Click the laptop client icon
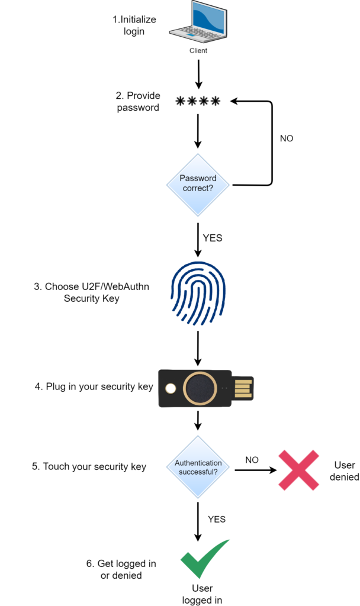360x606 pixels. [198, 24]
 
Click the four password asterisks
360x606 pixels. [198, 102]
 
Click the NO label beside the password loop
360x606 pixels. [286, 138]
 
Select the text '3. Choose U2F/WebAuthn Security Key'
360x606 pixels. [92, 292]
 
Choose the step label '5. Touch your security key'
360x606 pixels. [89, 466]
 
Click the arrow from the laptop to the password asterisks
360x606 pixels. [198, 76]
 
